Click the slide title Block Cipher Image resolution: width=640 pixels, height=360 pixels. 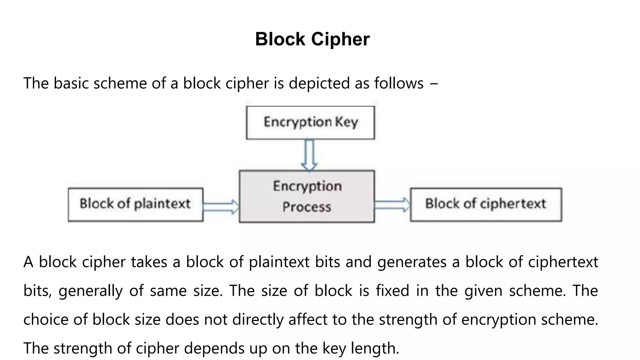tap(312, 39)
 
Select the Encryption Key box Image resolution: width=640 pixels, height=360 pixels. tap(310, 123)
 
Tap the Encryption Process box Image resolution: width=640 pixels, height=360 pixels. tap(307, 197)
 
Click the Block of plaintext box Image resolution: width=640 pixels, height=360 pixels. tap(135, 205)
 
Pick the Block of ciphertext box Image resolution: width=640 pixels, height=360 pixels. tap(486, 205)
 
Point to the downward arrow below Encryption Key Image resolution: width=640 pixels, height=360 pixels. tap(309, 156)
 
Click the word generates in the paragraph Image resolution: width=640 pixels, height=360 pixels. tap(412, 262)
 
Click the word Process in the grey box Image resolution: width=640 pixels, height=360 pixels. tap(307, 207)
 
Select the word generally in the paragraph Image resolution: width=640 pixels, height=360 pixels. tap(90, 291)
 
